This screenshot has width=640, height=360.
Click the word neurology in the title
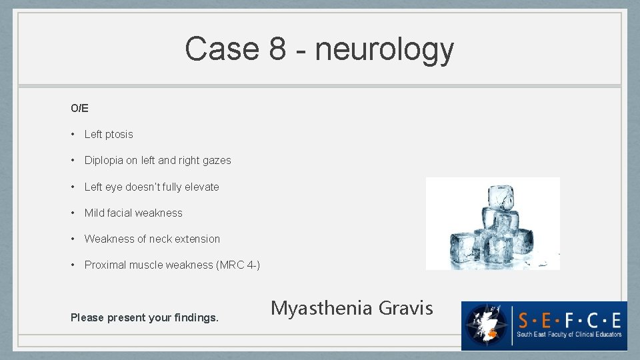[x=385, y=49]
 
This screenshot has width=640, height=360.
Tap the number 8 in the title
[x=278, y=49]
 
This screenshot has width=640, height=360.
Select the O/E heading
[x=79, y=108]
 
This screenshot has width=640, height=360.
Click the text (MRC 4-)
[x=238, y=265]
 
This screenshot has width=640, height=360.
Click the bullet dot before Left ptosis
[x=73, y=134]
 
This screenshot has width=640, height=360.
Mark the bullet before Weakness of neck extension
[x=73, y=239]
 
